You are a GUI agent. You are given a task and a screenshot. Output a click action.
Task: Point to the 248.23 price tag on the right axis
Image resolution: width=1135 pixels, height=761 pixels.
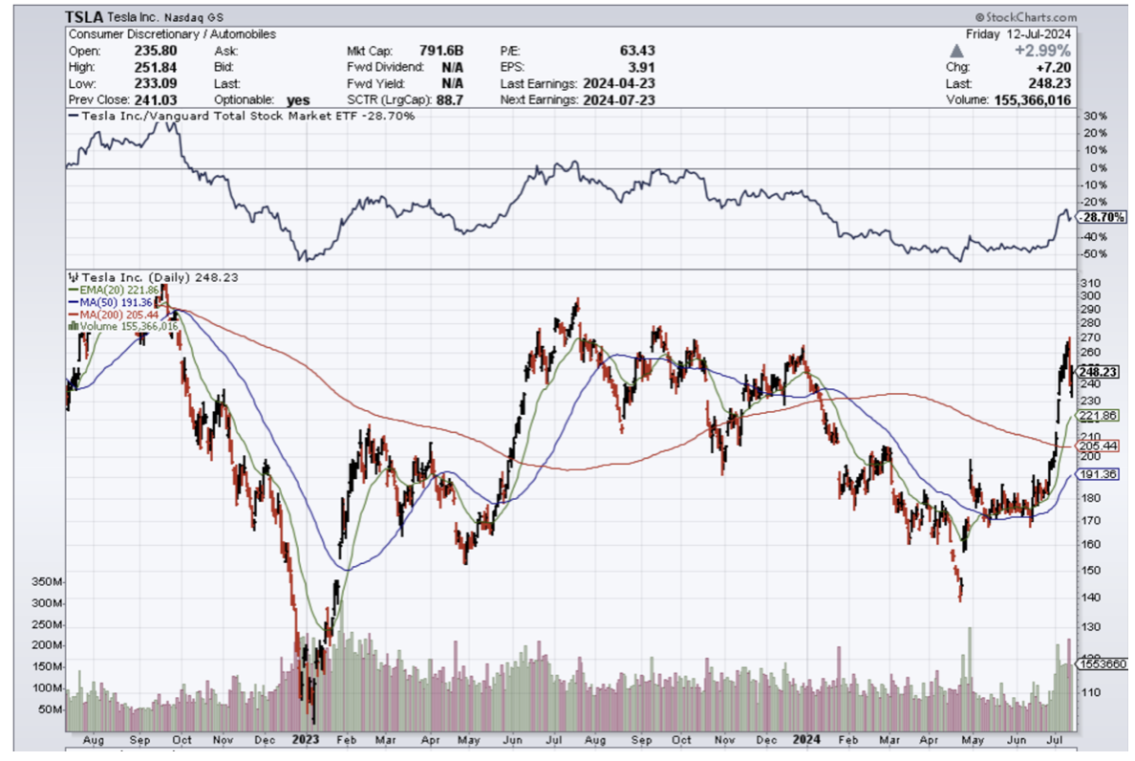click(1098, 372)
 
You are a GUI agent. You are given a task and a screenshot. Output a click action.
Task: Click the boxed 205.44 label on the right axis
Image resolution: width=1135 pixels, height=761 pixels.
click(1097, 446)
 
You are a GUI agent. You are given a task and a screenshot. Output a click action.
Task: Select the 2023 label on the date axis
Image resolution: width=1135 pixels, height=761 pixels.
click(306, 739)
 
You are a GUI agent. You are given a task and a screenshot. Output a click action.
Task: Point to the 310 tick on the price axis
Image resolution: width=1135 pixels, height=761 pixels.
click(1090, 283)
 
